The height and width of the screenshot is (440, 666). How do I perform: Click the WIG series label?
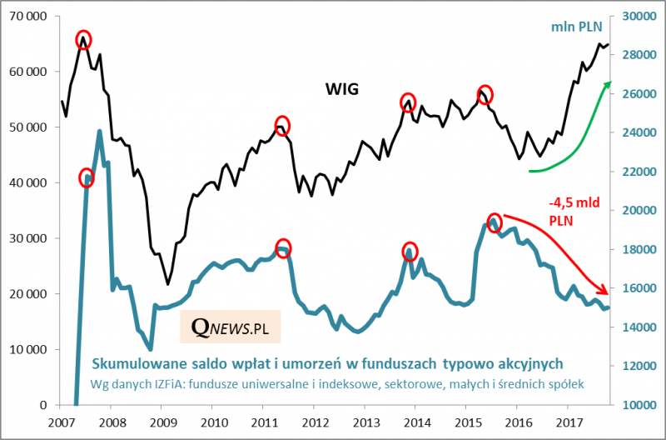(341, 88)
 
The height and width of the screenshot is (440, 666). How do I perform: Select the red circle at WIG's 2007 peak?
(83, 39)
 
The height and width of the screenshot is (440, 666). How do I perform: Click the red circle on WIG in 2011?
(282, 126)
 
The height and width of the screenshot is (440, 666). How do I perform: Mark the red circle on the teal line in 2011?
(283, 248)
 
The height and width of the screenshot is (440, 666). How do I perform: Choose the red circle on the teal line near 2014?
(410, 251)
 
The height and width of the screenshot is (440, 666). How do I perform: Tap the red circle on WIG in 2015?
(485, 93)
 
